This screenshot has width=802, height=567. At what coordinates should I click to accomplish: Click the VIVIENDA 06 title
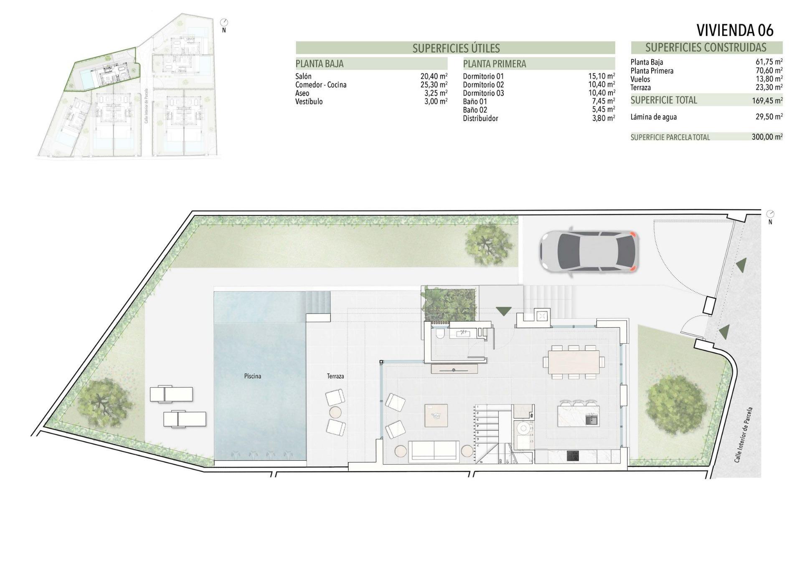(735, 30)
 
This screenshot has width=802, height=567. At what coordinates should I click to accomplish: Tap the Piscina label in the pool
(252, 376)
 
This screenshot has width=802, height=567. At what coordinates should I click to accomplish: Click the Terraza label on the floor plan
(335, 376)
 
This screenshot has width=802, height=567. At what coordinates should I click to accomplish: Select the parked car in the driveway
(589, 252)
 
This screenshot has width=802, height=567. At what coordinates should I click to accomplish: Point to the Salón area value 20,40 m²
(434, 76)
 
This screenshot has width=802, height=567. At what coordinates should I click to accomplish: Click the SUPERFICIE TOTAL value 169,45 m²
(767, 100)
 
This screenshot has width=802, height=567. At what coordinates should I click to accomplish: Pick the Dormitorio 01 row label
(483, 76)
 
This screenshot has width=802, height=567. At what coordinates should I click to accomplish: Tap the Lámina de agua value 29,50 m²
(767, 117)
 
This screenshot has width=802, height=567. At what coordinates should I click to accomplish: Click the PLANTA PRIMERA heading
(494, 64)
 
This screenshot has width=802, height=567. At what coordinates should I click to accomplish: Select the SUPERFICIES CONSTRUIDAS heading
(706, 47)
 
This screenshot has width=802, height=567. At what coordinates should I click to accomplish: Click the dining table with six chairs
(574, 362)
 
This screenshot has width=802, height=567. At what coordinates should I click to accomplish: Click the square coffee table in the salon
(436, 415)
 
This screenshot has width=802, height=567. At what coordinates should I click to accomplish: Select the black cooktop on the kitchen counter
(573, 456)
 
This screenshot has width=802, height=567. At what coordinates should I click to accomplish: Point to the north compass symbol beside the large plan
(770, 214)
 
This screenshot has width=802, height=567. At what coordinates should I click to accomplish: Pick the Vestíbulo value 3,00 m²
(436, 101)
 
